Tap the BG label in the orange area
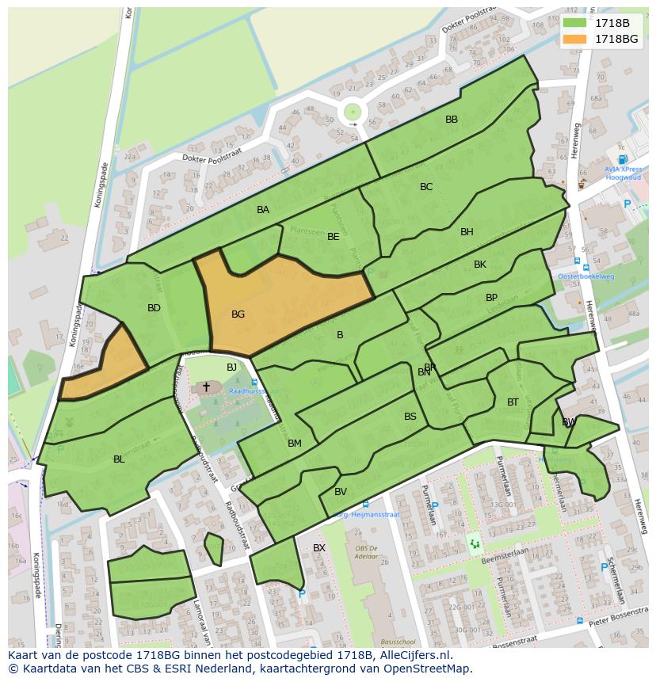coord(238,314)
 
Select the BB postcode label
coord(452,120)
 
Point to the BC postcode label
coord(426,187)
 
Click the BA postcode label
coord(263,210)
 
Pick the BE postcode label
coord(334,236)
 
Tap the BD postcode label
coord(154,308)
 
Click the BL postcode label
coord(119,459)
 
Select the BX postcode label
coord(319,547)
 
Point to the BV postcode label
coord(341,492)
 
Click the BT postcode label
coord(513,402)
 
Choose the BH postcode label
coord(467,232)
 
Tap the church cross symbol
coord(206,387)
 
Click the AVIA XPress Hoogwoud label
coord(624,173)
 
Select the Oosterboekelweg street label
coord(585,276)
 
